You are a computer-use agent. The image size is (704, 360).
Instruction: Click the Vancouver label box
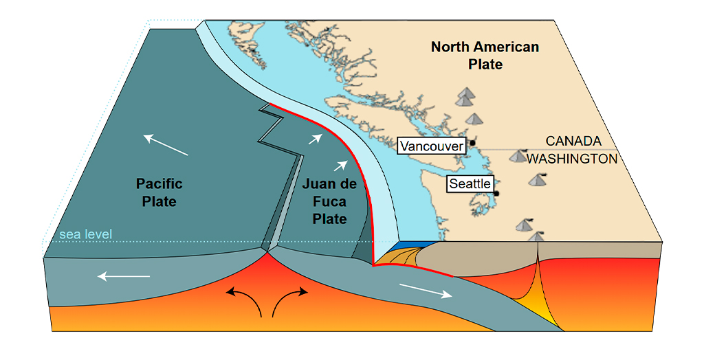point(432,146)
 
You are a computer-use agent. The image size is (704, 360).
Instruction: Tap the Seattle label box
point(470,183)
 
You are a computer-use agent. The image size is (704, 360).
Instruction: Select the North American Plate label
point(485,56)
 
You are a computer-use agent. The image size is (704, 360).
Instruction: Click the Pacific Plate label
point(159,192)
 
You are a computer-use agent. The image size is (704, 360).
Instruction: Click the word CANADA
point(573,141)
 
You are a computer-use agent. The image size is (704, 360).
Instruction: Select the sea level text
point(85,235)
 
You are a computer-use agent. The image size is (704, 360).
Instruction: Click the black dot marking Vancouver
point(472,143)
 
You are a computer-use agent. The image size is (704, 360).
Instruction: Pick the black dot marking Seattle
point(496,194)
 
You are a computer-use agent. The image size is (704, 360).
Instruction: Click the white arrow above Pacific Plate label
point(166,145)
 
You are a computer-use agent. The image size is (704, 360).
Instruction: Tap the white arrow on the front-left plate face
point(123,277)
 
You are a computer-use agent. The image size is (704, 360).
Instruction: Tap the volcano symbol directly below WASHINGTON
point(538,180)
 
